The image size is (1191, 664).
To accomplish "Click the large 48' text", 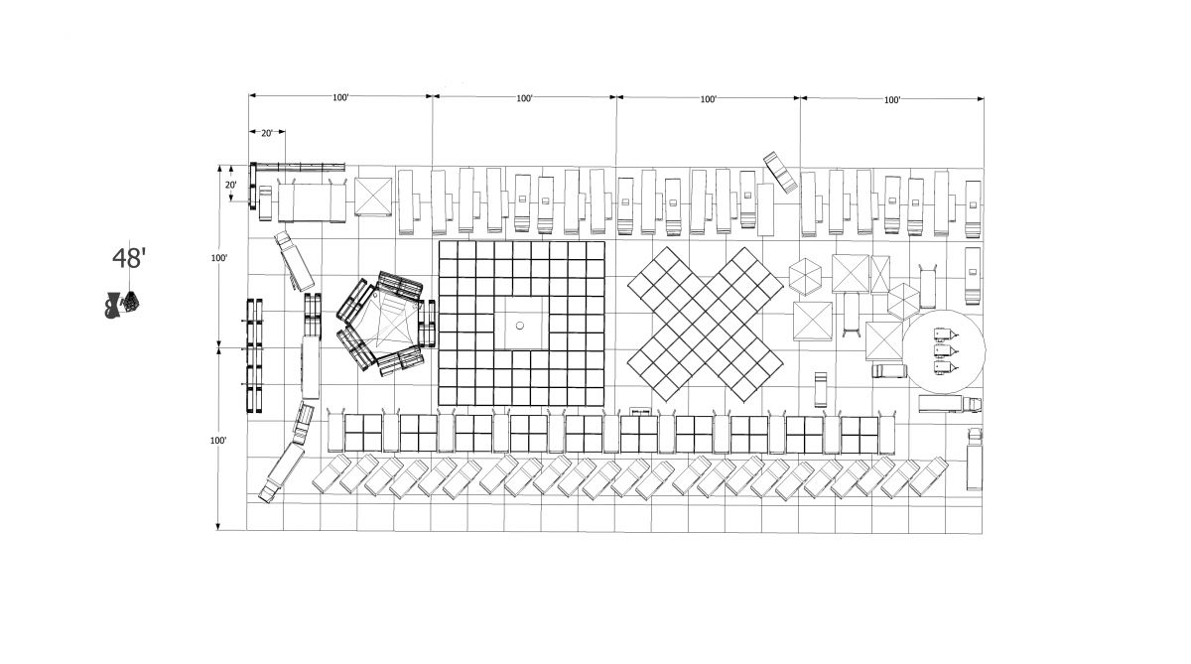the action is pos(129,258).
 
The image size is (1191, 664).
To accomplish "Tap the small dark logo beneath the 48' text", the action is pos(122,305).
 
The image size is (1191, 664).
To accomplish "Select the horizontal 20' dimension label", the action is pos(266,133).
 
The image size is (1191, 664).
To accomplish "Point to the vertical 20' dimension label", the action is pos(230,185).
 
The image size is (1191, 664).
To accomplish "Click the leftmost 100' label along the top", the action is pos(340,97).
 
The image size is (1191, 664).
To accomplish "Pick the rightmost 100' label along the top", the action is pos(892,99).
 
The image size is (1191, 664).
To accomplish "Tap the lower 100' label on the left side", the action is pos(218,441).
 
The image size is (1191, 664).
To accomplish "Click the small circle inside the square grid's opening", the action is pos(520,326).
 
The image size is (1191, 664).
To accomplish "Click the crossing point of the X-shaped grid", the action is pos(705,324).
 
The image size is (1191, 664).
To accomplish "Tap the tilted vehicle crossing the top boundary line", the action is pos(780,172).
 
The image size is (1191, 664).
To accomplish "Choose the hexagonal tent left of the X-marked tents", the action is pos(805,277).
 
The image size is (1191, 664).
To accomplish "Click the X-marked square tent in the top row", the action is pos(373,197).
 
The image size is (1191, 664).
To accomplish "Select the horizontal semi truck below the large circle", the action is pos(950,404).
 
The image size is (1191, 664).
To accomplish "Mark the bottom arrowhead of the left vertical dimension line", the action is pos(218,526).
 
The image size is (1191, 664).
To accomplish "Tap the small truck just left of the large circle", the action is pos(888,370).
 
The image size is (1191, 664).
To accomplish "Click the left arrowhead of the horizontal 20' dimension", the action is pos(252,131).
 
